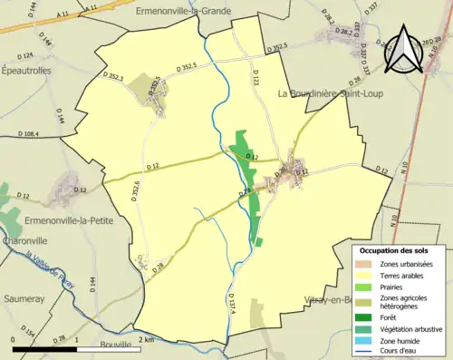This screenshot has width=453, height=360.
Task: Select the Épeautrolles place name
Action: [x=26, y=69]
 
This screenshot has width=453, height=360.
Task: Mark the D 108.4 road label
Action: [x=27, y=134]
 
